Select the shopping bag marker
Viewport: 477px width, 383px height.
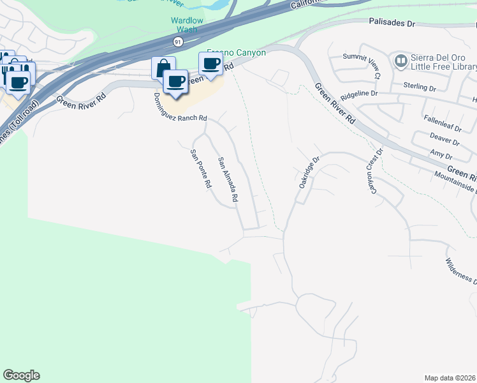click(x=163, y=68)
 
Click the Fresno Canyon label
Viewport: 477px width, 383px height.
click(x=236, y=53)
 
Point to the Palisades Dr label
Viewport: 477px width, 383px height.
click(x=392, y=23)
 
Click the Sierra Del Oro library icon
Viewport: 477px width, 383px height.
click(x=401, y=61)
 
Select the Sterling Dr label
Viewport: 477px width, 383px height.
click(x=419, y=85)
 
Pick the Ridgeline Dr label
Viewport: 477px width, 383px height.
click(x=360, y=94)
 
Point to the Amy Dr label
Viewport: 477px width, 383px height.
click(x=441, y=156)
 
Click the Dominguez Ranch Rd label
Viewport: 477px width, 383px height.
click(x=180, y=108)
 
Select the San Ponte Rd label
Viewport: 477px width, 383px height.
click(x=200, y=169)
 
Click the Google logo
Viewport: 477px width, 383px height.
click(x=21, y=375)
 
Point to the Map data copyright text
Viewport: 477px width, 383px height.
click(x=450, y=377)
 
